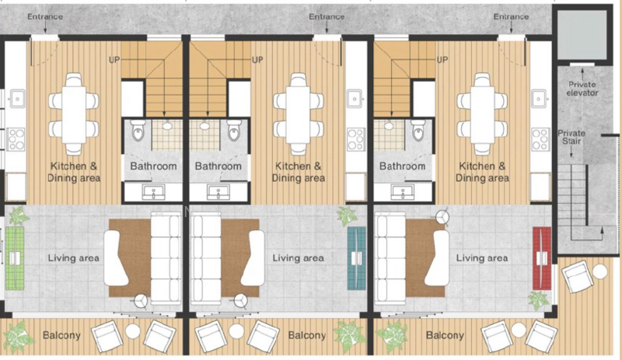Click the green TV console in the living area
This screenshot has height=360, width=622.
(x=15, y=258)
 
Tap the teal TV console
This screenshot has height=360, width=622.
(x=356, y=258)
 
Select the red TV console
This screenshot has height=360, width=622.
(x=542, y=258)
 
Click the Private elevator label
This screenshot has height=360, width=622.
(x=582, y=89)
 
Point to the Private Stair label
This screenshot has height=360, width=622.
(x=571, y=137)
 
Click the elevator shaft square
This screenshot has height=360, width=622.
(x=582, y=34)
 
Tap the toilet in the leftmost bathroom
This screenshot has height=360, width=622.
(x=138, y=131)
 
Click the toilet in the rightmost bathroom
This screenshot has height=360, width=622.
(x=418, y=131)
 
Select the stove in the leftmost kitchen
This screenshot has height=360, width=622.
(x=16, y=139)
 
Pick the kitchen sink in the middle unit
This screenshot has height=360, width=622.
(x=355, y=98)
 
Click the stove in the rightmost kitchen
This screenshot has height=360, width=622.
(x=541, y=139)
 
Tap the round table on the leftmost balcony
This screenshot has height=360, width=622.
(x=132, y=331)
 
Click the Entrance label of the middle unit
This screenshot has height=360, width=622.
(x=327, y=16)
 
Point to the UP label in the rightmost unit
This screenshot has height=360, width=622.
(x=442, y=60)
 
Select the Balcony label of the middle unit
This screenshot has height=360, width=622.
(x=307, y=336)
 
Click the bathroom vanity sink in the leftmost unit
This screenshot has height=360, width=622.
(x=153, y=193)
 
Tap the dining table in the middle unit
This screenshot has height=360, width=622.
(x=299, y=115)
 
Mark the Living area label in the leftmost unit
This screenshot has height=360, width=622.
(x=73, y=258)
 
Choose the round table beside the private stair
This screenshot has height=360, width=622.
(x=599, y=271)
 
